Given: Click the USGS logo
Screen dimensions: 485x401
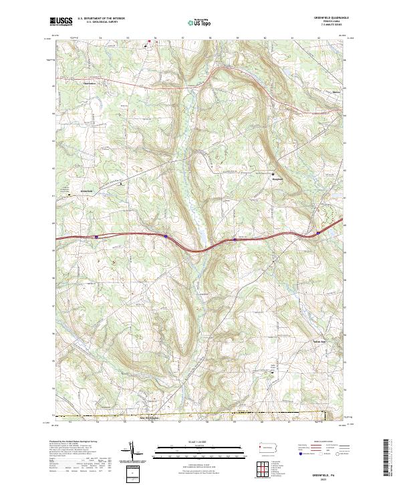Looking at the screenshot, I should (61, 22).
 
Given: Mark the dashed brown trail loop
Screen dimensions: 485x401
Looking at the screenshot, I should (331, 216).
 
